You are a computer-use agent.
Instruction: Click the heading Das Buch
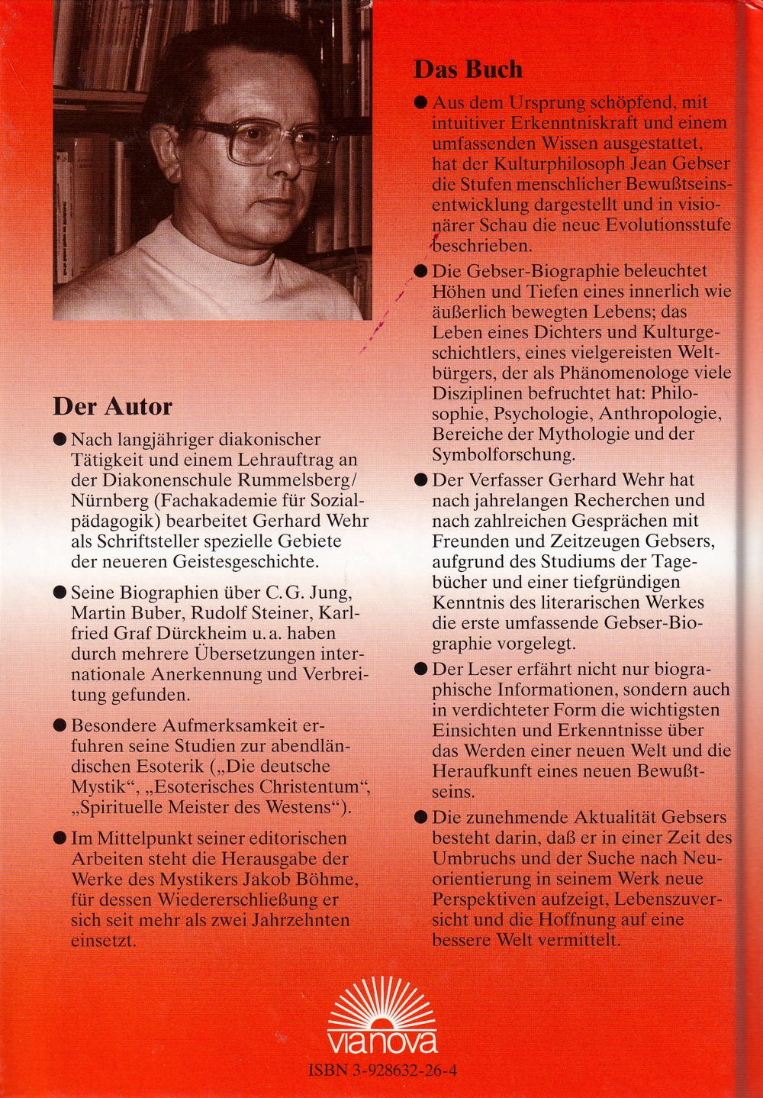pos(468,69)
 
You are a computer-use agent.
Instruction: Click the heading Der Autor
pos(112,405)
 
